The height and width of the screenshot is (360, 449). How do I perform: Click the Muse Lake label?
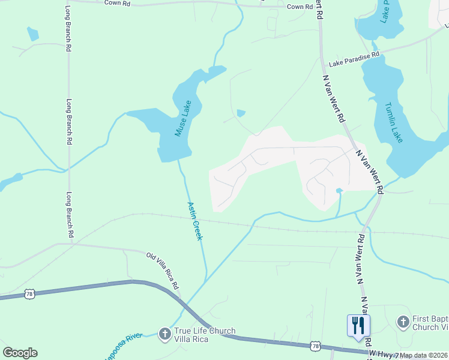[x=183, y=118]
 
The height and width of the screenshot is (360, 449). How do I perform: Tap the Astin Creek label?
[x=196, y=221]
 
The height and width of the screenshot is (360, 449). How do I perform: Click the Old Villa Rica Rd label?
[x=163, y=271]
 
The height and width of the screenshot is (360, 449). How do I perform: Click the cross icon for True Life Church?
[x=164, y=333]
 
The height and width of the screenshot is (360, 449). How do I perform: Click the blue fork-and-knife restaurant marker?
[x=358, y=326]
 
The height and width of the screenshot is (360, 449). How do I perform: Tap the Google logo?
[x=20, y=352]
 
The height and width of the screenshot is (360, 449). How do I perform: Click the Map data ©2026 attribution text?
[x=424, y=355]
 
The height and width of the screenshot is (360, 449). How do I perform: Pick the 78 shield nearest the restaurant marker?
[x=316, y=346]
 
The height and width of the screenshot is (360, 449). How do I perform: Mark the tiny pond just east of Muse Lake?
[x=241, y=113]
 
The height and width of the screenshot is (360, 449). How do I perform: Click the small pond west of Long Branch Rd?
[x=33, y=35]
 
